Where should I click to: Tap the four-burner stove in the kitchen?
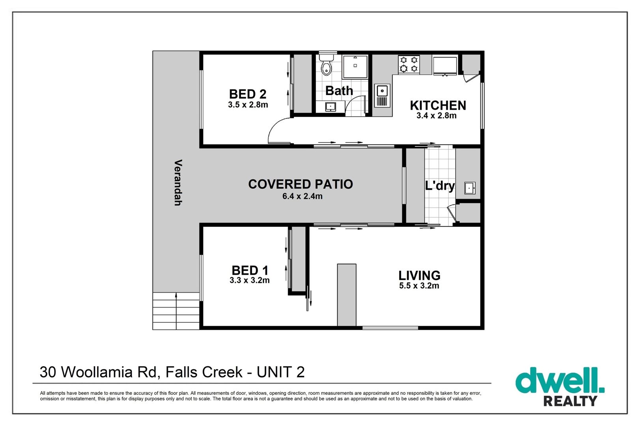(x=409, y=65)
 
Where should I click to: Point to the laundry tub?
(x=469, y=188)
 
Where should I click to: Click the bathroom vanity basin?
(x=331, y=107)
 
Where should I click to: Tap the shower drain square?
(x=355, y=65)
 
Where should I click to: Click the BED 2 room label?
(x=248, y=94)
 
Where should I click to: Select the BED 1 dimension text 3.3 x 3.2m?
(x=250, y=280)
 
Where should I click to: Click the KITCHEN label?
(x=438, y=106)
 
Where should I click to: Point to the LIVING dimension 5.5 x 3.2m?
(x=419, y=286)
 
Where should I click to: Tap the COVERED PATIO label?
(x=301, y=184)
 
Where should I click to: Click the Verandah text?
(x=178, y=183)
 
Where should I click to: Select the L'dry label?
(x=439, y=186)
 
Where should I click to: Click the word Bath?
(x=339, y=91)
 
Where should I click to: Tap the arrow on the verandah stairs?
(x=176, y=311)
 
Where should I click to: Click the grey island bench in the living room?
(x=347, y=295)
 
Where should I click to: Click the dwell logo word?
(x=560, y=380)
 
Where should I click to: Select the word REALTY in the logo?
(x=570, y=401)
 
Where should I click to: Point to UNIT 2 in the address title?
(x=281, y=372)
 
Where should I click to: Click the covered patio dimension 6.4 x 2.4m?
(x=303, y=196)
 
